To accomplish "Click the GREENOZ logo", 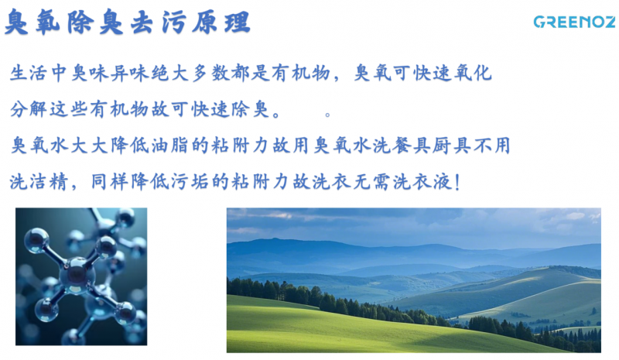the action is point(575,22).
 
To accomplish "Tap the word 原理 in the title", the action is point(221,22).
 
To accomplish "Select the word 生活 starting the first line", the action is point(29,73).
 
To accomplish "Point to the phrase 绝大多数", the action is point(190,73).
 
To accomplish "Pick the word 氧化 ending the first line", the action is point(473,73).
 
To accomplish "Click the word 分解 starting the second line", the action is point(29,109).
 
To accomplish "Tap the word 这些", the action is point(69,109).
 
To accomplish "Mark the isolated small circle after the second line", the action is point(327,115).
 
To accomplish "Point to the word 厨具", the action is point(453,146).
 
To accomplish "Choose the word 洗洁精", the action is point(39,182).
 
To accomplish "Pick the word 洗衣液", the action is point(422,182).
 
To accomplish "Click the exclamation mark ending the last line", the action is point(457,182).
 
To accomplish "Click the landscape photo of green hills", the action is point(414,280).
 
